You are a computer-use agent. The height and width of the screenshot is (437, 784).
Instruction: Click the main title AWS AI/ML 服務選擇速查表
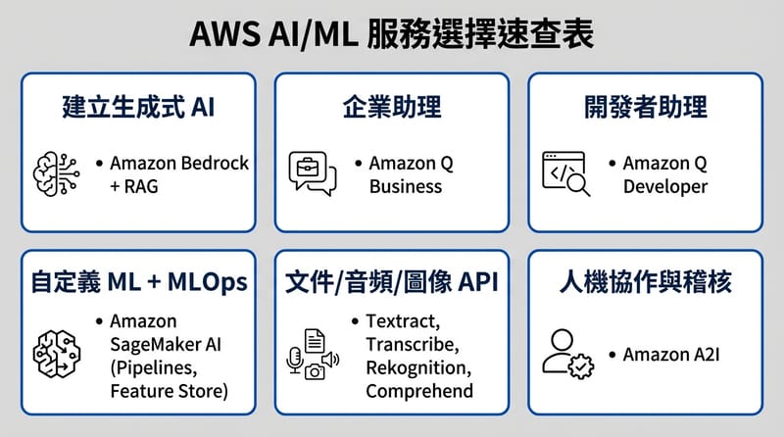pyautogui.click(x=392, y=36)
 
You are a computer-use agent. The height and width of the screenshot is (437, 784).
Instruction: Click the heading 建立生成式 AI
pyautogui.click(x=136, y=107)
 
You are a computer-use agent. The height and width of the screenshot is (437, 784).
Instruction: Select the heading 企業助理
pyautogui.click(x=391, y=107)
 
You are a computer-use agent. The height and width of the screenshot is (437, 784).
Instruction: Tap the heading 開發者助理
pyautogui.click(x=646, y=107)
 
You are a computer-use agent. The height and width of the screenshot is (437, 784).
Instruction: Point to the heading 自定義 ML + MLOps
pyautogui.click(x=136, y=283)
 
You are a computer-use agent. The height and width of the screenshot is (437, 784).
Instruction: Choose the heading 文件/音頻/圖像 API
pyautogui.click(x=391, y=283)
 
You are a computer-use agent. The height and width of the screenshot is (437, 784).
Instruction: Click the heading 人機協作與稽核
pyautogui.click(x=646, y=283)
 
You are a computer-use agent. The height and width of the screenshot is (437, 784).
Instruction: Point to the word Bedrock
pyautogui.click(x=216, y=163)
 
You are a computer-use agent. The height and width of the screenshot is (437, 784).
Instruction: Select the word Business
pyautogui.click(x=406, y=186)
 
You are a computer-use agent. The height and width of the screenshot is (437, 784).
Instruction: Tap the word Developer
pyautogui.click(x=664, y=186)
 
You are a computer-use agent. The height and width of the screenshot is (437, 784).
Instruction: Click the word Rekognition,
pyautogui.click(x=418, y=367)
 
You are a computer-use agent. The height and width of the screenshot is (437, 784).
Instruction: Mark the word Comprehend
pyautogui.click(x=419, y=391)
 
